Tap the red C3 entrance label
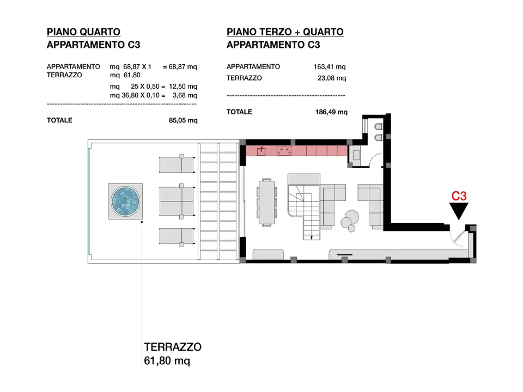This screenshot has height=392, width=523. [459, 195]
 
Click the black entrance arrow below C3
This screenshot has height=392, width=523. [459, 211]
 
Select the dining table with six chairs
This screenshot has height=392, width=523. [267, 201]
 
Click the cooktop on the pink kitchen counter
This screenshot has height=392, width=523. [283, 151]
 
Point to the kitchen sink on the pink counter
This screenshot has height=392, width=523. [261, 150]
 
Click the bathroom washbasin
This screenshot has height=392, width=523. [356, 155]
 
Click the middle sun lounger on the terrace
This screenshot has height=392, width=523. [176, 202]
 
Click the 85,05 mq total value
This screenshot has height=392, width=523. [183, 120]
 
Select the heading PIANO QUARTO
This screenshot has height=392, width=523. [83, 32]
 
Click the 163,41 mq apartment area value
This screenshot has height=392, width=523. [330, 67]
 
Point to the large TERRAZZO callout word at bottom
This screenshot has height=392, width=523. [173, 347]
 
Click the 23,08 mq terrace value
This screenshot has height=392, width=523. [332, 78]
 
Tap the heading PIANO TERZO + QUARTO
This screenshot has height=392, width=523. [285, 32]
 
